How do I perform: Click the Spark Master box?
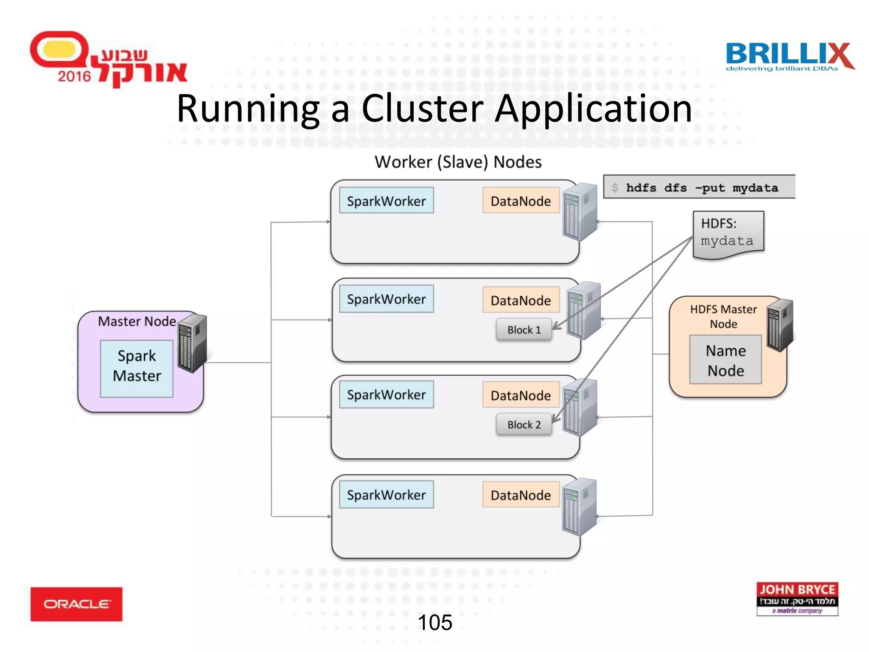(x=137, y=368)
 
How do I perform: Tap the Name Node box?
(x=725, y=360)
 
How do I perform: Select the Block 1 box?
(x=524, y=330)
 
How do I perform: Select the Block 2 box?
(x=524, y=424)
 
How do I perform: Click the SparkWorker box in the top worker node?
(x=386, y=200)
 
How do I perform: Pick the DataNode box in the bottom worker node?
(x=521, y=495)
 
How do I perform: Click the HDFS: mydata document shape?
(x=728, y=233)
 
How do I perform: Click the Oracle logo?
(x=76, y=604)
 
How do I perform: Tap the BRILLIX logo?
(x=789, y=56)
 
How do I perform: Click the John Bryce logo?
(x=797, y=599)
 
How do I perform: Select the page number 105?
(x=435, y=622)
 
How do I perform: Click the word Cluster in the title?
(x=422, y=109)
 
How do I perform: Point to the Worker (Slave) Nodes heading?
(x=458, y=162)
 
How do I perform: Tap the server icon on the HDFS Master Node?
(x=780, y=325)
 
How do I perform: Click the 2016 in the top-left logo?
(x=74, y=76)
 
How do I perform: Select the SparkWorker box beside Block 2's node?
(x=386, y=394)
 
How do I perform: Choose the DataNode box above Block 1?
(x=521, y=300)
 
